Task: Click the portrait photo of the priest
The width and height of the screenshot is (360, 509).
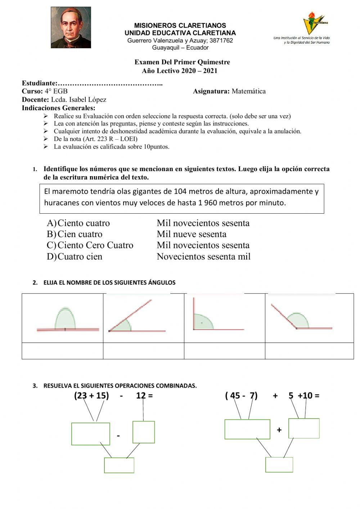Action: point(71,27)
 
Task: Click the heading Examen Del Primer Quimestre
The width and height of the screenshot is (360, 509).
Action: point(182,62)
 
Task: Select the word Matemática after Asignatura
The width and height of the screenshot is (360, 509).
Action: point(249,91)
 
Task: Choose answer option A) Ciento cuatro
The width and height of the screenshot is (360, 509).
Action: point(78,223)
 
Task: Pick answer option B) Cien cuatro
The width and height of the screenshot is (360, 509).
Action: point(75,234)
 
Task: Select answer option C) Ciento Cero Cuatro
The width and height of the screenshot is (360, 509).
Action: point(90,245)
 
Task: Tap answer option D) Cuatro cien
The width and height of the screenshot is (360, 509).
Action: point(75,256)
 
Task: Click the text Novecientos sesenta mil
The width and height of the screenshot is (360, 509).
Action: point(203,256)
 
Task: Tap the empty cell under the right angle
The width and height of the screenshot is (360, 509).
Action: point(224,351)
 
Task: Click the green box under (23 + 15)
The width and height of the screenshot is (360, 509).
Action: point(91,434)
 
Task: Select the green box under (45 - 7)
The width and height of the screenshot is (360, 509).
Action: point(247,429)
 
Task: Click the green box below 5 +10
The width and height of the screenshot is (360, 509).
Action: point(304,428)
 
